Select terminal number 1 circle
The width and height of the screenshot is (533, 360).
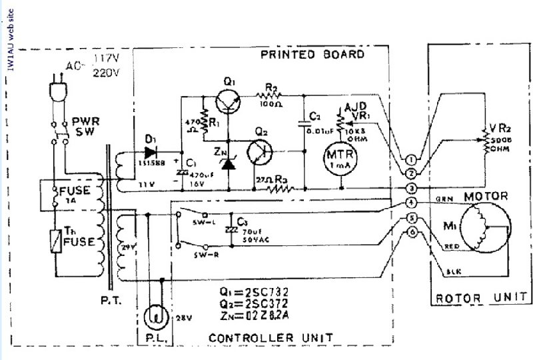click(x=412, y=159)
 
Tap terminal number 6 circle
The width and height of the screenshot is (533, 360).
click(x=412, y=232)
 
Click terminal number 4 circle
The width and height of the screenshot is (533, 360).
click(x=412, y=203)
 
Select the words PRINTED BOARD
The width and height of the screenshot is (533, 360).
click(x=312, y=55)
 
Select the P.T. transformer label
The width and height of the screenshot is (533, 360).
click(x=113, y=301)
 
